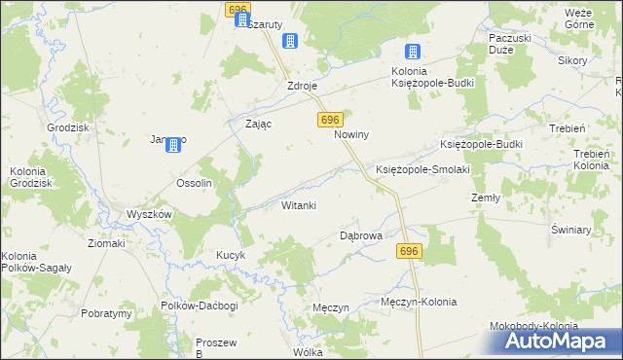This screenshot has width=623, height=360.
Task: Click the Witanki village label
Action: (298, 205)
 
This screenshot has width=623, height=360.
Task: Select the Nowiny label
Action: (351, 135)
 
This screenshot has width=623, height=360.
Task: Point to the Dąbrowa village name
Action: (360, 235)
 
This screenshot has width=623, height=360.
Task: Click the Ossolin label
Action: (193, 183)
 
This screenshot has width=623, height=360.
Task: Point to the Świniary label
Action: (571, 230)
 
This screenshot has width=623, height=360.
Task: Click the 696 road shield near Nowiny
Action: (329, 119)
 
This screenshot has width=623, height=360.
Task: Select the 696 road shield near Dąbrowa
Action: (409, 251)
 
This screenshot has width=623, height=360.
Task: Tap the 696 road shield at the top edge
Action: (238, 9)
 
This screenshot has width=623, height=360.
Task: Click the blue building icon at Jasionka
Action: (173, 145)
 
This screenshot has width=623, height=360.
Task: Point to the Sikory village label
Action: (572, 60)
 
